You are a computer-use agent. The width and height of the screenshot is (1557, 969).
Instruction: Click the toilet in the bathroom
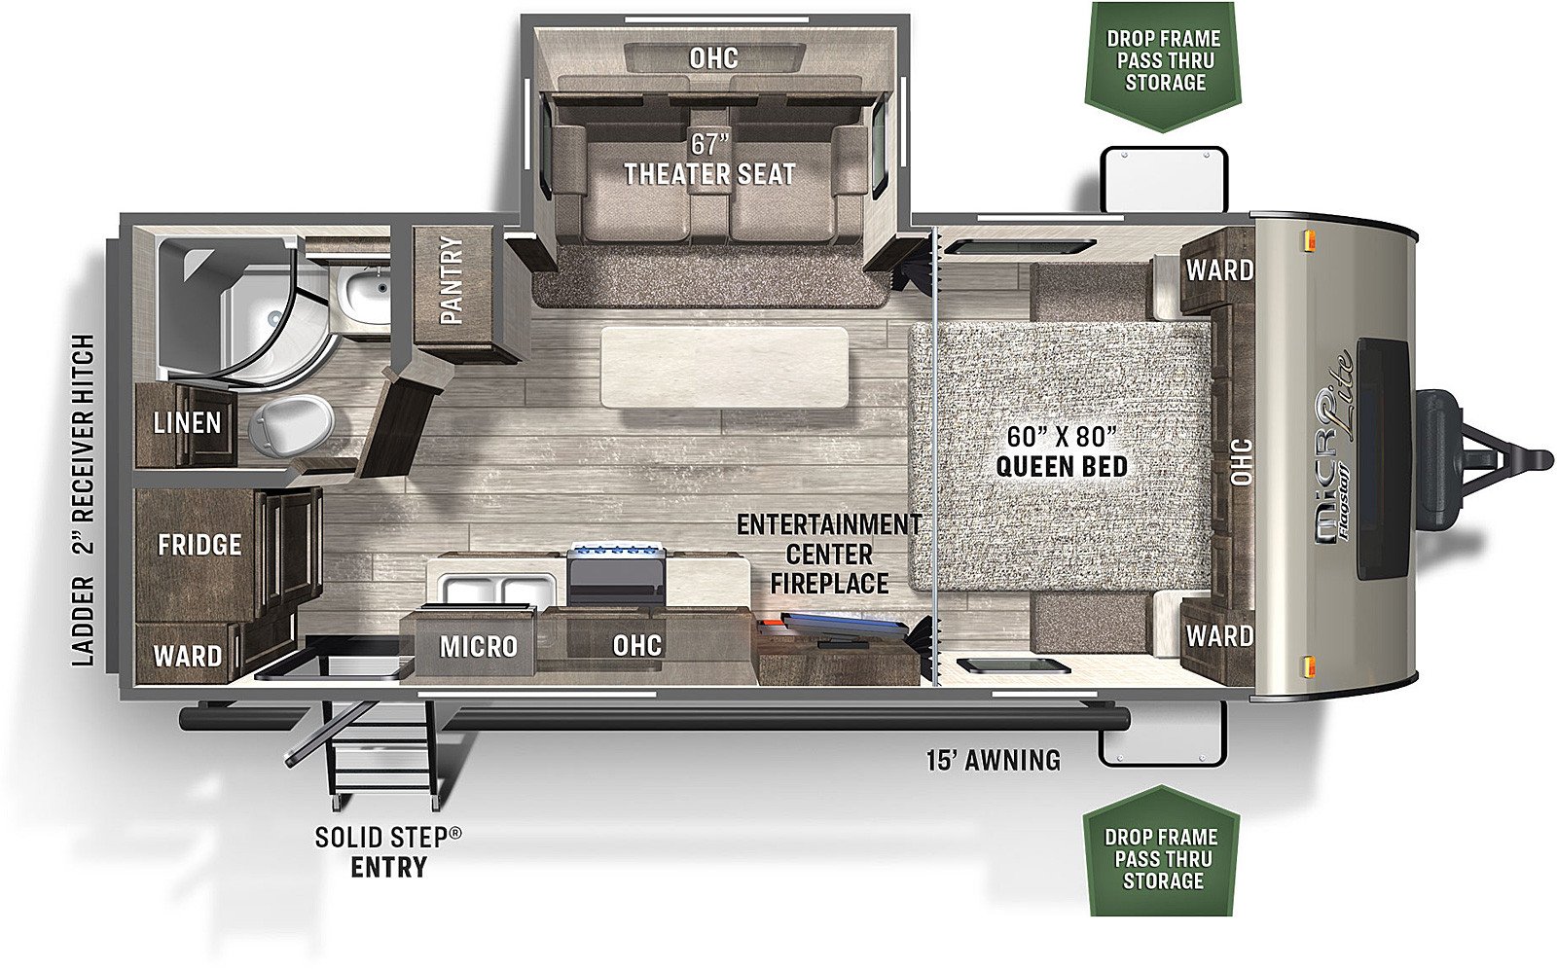pos(291,422)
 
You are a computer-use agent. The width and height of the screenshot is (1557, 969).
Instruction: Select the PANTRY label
pos(452,281)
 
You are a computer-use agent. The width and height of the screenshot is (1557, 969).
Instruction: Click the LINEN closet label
pos(187,422)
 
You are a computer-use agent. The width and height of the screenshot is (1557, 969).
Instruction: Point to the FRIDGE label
pos(199,545)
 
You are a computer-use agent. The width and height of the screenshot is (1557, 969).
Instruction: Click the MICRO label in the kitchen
pos(478,646)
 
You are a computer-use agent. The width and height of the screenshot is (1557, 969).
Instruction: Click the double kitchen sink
pos(500,591)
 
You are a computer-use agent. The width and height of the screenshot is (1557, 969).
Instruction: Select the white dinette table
pos(724,367)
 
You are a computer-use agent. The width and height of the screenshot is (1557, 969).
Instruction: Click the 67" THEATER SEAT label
pos(709,160)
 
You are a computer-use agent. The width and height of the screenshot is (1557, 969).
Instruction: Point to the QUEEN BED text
pos(1062,466)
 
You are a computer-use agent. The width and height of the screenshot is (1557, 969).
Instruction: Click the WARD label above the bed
pos(1220,269)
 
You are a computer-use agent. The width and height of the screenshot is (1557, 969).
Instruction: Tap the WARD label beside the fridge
pos(187,656)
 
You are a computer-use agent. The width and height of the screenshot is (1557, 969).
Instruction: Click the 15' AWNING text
pos(994,761)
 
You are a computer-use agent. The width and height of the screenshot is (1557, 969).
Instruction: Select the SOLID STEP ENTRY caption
pos(388,852)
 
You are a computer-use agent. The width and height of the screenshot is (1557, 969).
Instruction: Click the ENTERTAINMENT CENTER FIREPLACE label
pos(828,554)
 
